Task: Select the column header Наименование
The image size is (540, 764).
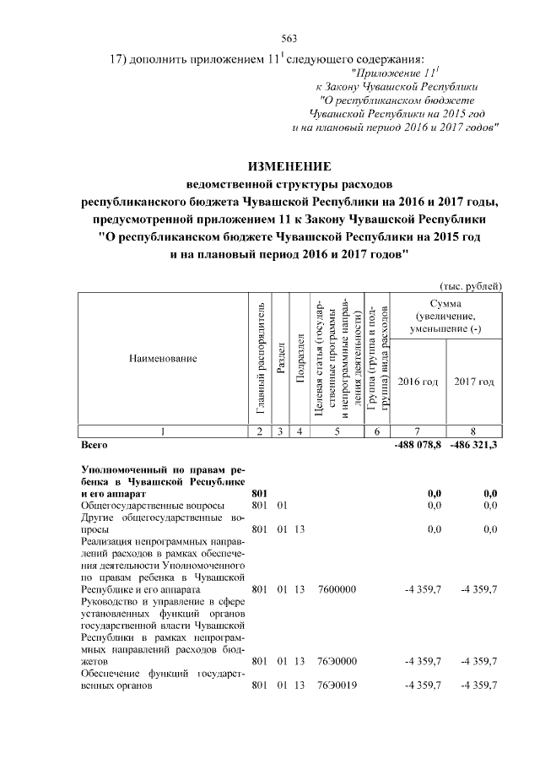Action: (163, 359)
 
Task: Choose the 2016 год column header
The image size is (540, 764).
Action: (418, 382)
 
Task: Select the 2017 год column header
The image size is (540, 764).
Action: (474, 382)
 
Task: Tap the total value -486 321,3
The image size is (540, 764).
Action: (473, 443)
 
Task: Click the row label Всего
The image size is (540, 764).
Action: (94, 443)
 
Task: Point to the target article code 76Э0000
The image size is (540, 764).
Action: (337, 660)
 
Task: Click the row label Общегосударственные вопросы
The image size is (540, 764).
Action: (134, 504)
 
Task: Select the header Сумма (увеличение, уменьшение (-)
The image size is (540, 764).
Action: (445, 316)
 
